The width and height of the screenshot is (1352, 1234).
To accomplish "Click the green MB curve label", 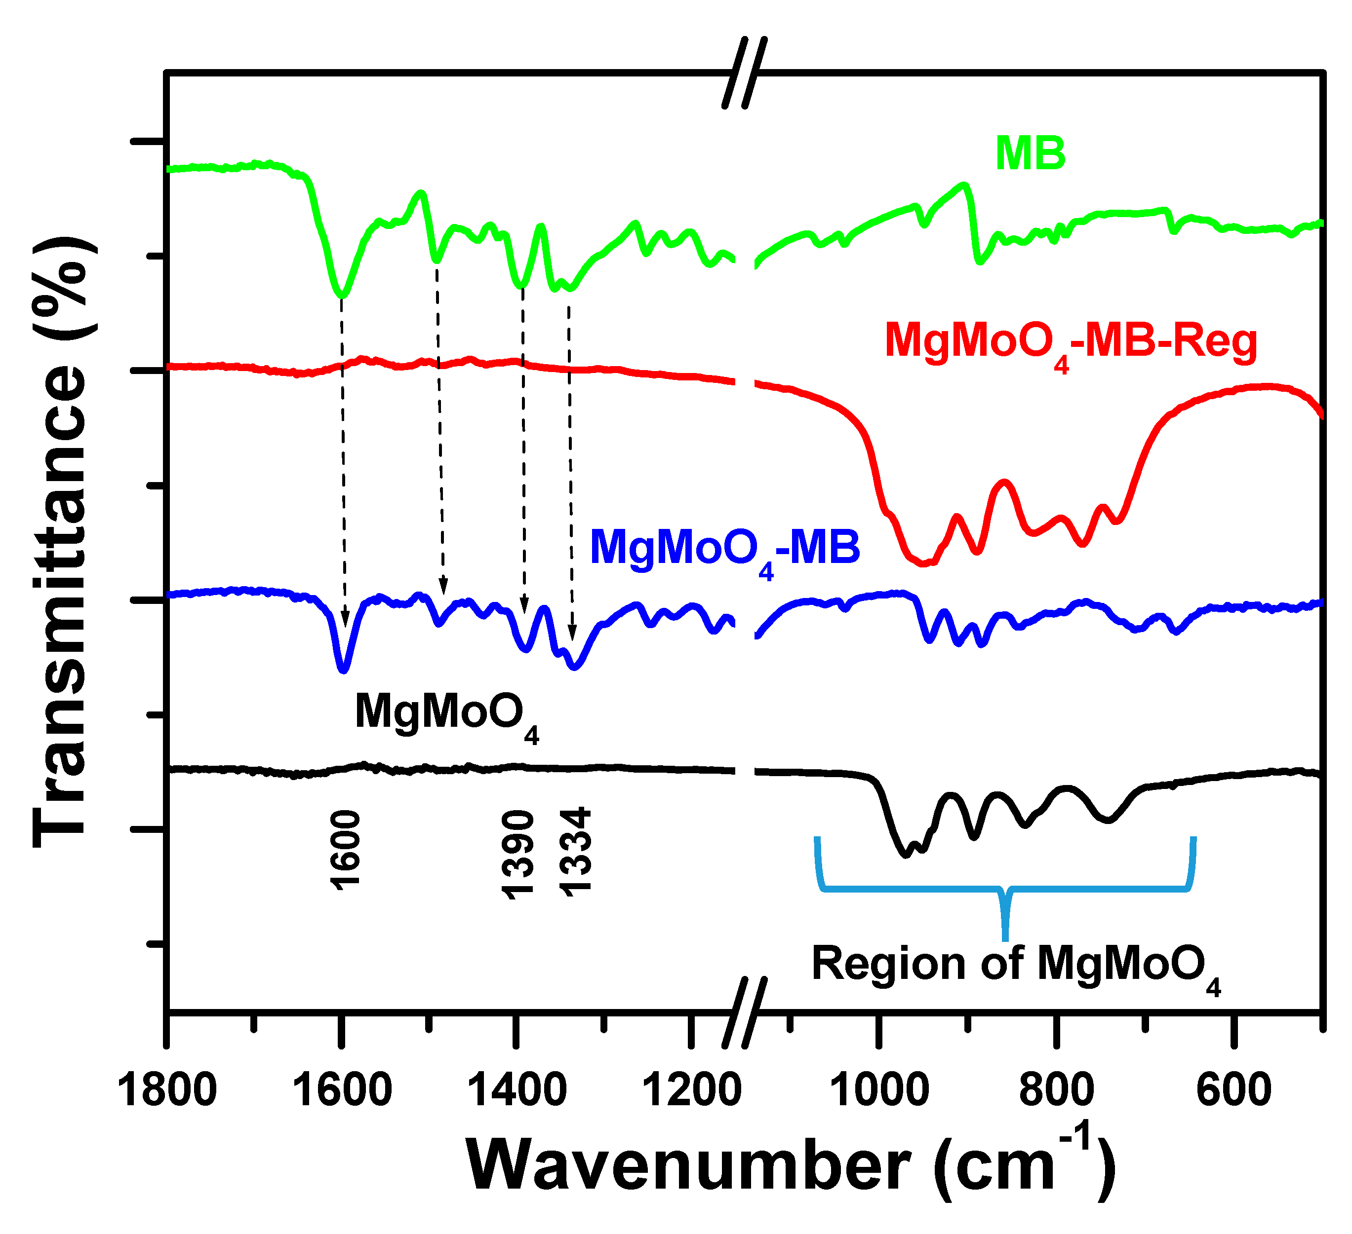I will tap(1030, 153).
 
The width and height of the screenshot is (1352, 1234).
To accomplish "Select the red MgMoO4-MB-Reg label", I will tap(1071, 343).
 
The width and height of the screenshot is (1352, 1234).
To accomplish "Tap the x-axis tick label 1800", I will tap(166, 1090).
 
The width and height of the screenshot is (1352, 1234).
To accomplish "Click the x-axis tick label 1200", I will tap(691, 1090).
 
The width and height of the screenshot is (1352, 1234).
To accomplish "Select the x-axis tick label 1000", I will tap(878, 1090).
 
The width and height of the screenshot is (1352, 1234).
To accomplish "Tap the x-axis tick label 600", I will tap(1234, 1090).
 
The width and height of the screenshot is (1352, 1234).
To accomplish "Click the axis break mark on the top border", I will tap(745, 73).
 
